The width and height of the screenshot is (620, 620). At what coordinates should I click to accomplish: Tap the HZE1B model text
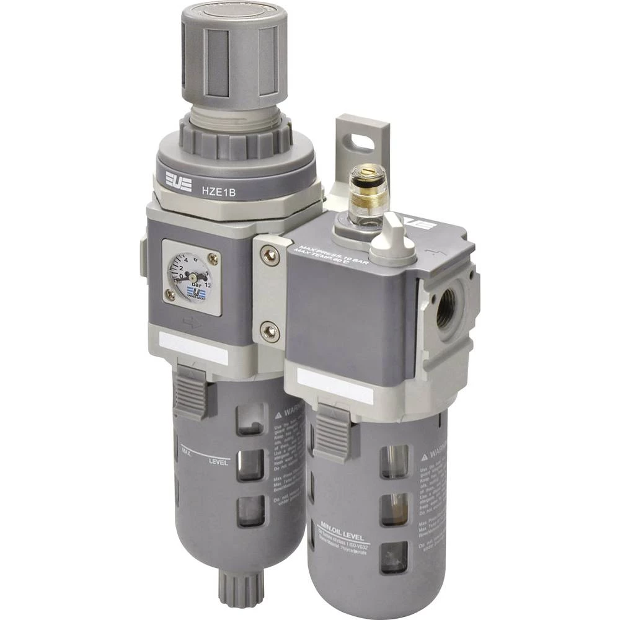(x=217, y=192)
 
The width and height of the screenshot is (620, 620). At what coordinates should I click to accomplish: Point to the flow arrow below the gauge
(x=193, y=322)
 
